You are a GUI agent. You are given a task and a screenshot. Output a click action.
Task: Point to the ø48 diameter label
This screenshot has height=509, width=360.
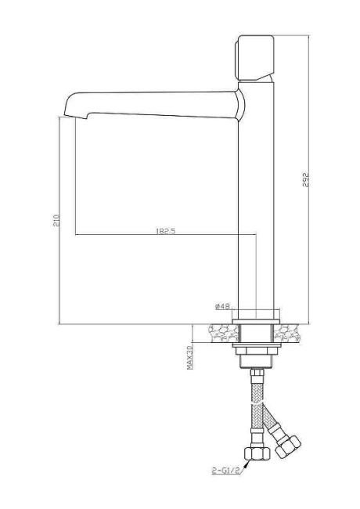tap(221, 306)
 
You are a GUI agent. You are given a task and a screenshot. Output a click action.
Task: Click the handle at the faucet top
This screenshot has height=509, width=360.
tap(254, 58)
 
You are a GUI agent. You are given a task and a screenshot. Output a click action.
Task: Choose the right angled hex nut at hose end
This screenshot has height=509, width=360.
tap(287, 446)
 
